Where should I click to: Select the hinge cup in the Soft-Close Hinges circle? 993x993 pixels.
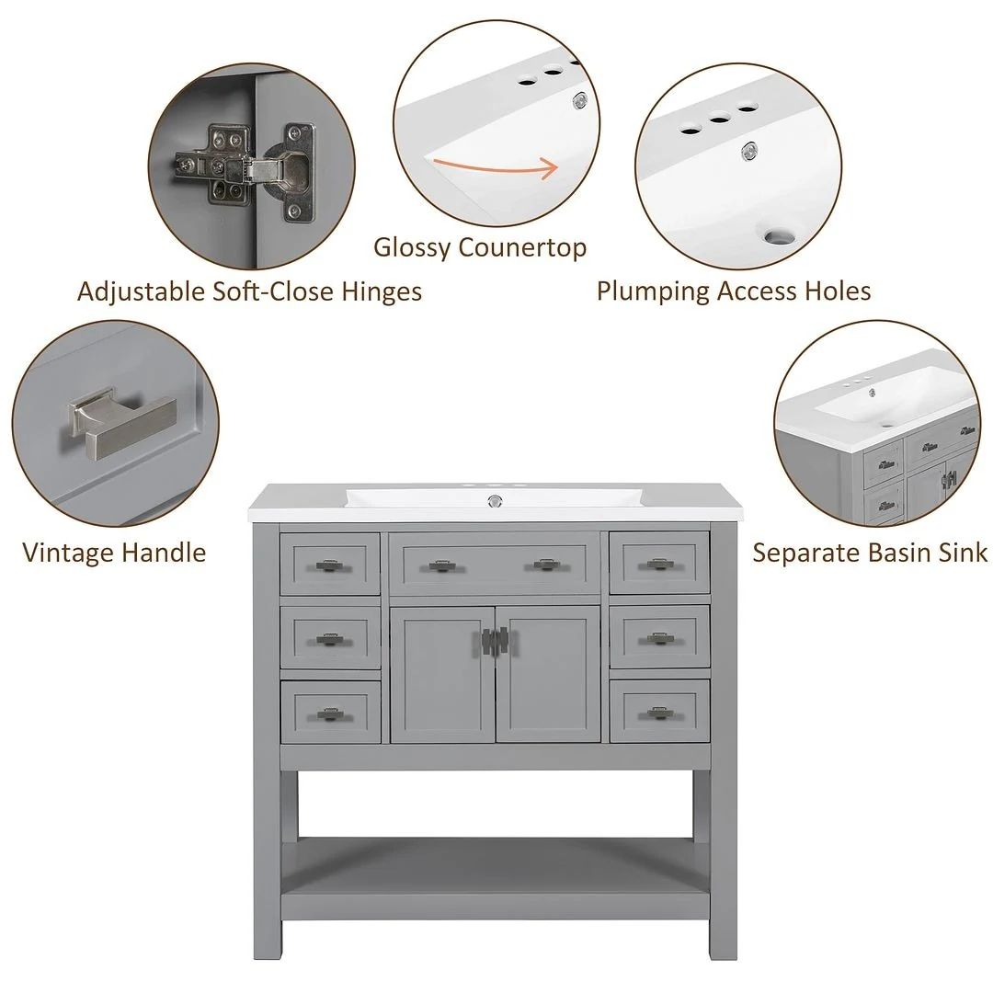295,172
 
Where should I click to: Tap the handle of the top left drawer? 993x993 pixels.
329,565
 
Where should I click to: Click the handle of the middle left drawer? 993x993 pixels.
329,638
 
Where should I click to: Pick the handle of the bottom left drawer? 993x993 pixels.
329,713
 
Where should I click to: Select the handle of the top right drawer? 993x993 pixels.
658,564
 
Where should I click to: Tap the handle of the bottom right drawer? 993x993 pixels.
658,712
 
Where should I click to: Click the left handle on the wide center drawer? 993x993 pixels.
443,565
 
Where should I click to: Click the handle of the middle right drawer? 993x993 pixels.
658,637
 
